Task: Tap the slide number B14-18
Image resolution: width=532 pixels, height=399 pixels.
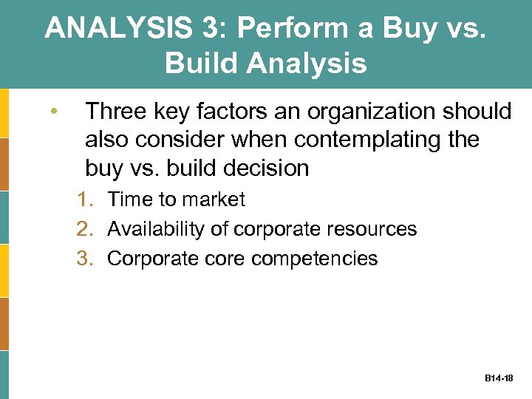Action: (x=499, y=378)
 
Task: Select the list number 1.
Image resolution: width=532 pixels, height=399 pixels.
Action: (x=88, y=199)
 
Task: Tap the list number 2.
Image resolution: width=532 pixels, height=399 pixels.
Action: (x=88, y=229)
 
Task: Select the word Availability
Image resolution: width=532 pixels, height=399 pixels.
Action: (x=157, y=229)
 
